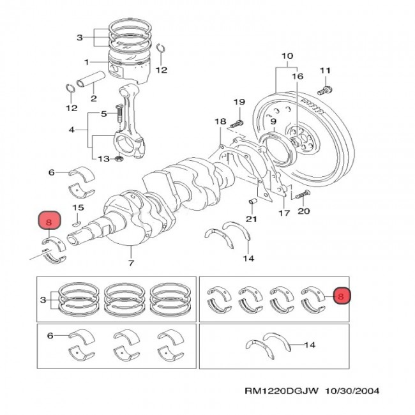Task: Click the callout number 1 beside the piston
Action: (x=86, y=62)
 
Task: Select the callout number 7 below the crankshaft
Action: (x=132, y=263)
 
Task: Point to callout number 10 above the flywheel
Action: (x=285, y=55)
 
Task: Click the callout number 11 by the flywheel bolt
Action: (x=324, y=70)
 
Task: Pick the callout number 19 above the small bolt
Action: (x=239, y=102)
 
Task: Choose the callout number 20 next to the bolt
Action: (x=303, y=211)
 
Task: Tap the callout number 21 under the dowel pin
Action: (x=252, y=220)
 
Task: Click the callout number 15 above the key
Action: (x=78, y=208)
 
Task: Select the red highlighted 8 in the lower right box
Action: (x=341, y=296)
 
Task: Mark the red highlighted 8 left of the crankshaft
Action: (x=49, y=221)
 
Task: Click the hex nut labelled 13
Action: (x=119, y=158)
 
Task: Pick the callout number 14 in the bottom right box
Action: (x=310, y=345)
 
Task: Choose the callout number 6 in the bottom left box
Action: (x=50, y=334)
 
